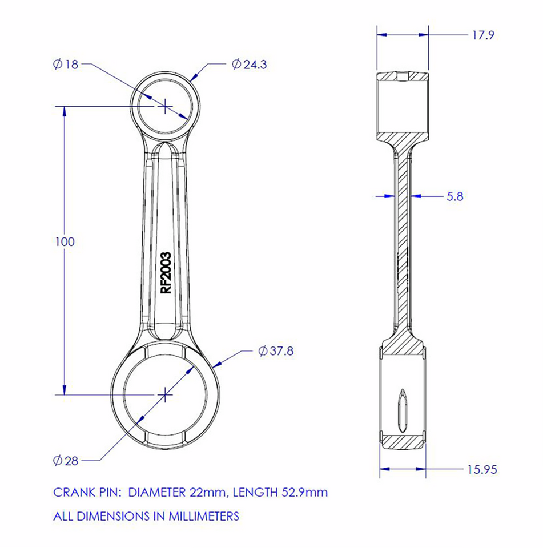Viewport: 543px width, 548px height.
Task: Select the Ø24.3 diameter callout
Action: click(249, 65)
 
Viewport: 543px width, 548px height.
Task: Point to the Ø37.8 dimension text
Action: click(276, 351)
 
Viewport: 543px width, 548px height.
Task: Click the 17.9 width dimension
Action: click(482, 35)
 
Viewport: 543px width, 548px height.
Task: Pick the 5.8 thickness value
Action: click(454, 196)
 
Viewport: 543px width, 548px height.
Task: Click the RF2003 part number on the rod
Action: click(166, 273)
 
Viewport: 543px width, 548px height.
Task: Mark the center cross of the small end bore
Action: click(165, 106)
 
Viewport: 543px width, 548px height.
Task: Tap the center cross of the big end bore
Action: click(165, 394)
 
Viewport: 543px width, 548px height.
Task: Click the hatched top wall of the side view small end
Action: click(402, 77)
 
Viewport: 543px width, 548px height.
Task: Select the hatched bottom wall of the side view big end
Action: click(403, 441)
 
